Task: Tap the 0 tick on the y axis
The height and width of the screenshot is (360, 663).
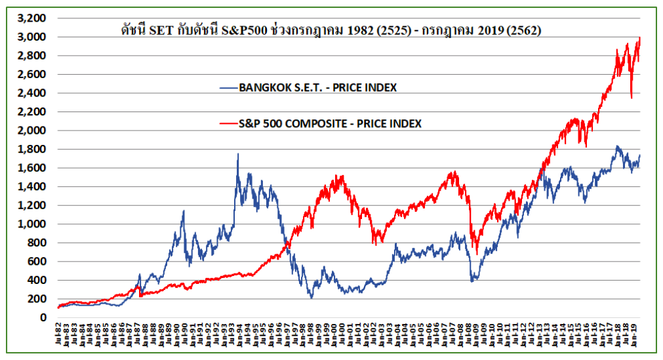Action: tap(43, 317)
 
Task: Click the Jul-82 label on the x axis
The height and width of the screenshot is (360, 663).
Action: tap(59, 334)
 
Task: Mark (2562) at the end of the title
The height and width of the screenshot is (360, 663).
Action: tap(525, 30)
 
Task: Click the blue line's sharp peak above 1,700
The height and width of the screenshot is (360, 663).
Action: tap(238, 154)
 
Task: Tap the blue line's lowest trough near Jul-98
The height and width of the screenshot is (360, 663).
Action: tap(311, 298)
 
